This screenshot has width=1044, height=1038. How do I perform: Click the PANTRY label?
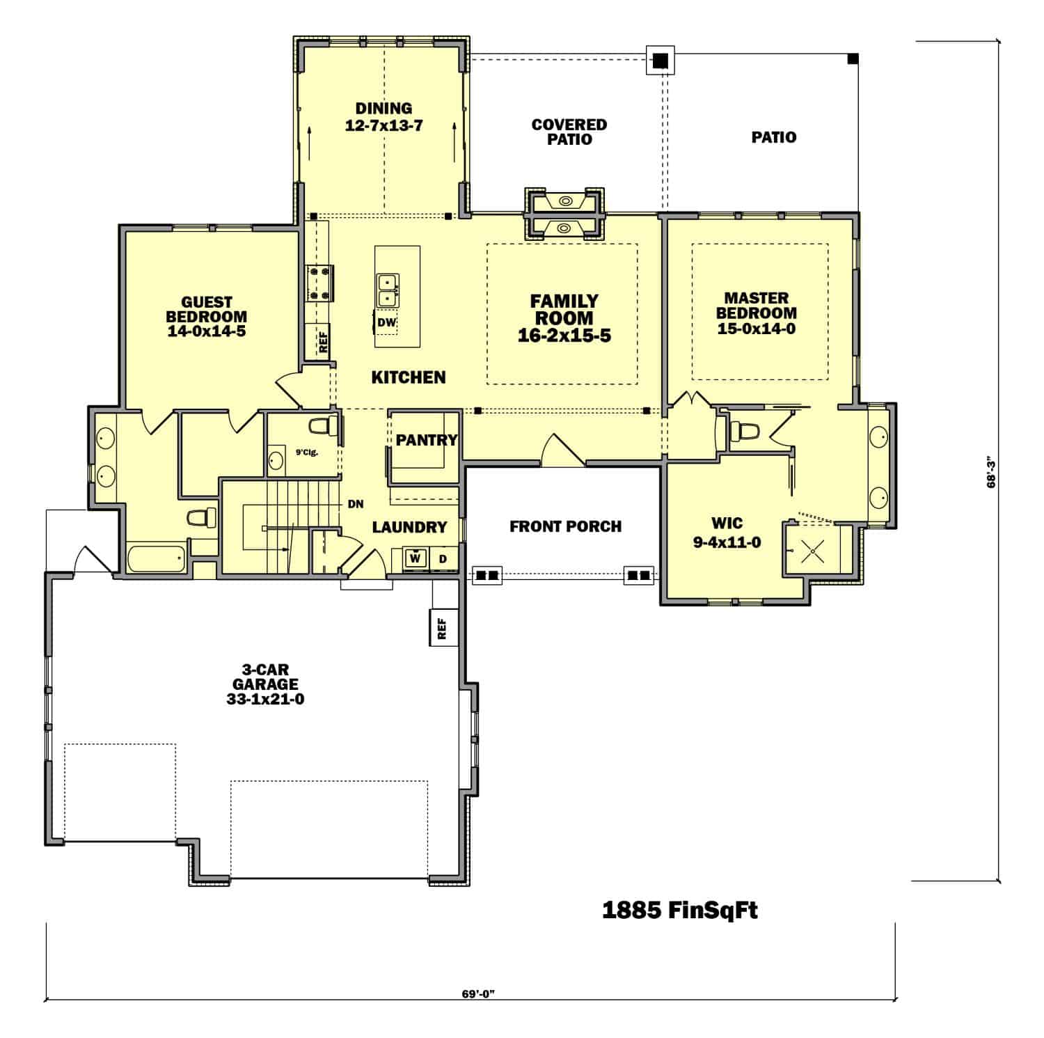coord(427,440)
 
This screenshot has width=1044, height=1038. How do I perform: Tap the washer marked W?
coord(416,558)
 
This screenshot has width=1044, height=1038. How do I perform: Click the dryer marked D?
coord(443,559)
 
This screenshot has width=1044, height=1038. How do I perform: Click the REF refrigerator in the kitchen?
coord(322,341)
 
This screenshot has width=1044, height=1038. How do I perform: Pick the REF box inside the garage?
coord(442,628)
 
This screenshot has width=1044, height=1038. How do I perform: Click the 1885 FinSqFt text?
coord(679,910)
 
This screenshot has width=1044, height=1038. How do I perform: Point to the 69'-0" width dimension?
coord(477,993)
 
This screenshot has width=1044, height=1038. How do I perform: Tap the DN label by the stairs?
coord(356,504)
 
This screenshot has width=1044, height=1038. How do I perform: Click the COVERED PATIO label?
coord(569,132)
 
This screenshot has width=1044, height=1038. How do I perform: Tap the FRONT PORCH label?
coord(565,526)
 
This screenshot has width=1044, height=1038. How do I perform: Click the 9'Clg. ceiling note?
coord(307,453)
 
